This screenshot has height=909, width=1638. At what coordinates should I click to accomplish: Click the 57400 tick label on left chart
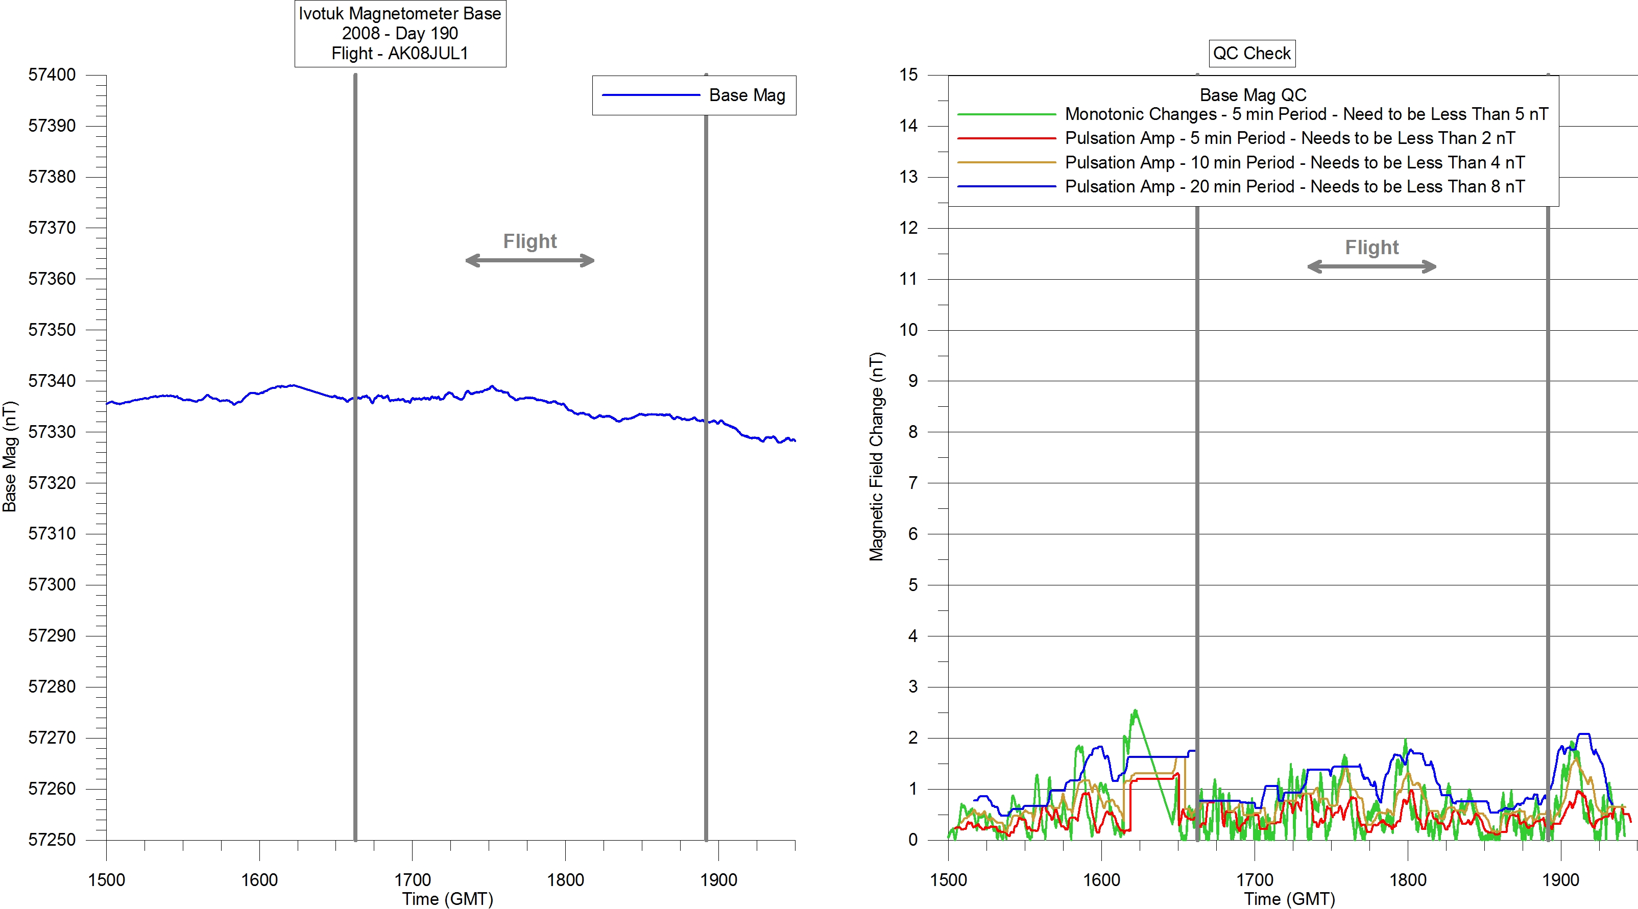52,75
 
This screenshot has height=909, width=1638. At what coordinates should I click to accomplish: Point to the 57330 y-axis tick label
52,432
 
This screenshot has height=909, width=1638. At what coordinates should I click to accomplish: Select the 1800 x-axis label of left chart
565,880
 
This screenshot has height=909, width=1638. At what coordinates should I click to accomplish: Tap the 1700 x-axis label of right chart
1255,880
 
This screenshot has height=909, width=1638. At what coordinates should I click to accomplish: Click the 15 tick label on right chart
909,75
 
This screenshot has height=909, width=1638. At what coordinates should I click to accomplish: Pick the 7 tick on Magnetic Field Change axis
913,483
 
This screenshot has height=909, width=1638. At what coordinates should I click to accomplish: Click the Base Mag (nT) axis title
10,456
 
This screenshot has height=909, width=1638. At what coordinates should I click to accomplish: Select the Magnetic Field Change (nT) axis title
876,456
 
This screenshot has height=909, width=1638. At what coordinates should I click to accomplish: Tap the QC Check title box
1251,54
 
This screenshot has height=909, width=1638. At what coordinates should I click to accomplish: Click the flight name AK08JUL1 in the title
427,54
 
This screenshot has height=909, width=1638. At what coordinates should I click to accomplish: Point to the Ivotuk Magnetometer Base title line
400,14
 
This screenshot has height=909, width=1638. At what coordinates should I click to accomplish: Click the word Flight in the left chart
529,241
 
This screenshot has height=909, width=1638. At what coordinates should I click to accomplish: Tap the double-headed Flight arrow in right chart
1371,267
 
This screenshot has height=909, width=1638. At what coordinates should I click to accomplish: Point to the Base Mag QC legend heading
1252,95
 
